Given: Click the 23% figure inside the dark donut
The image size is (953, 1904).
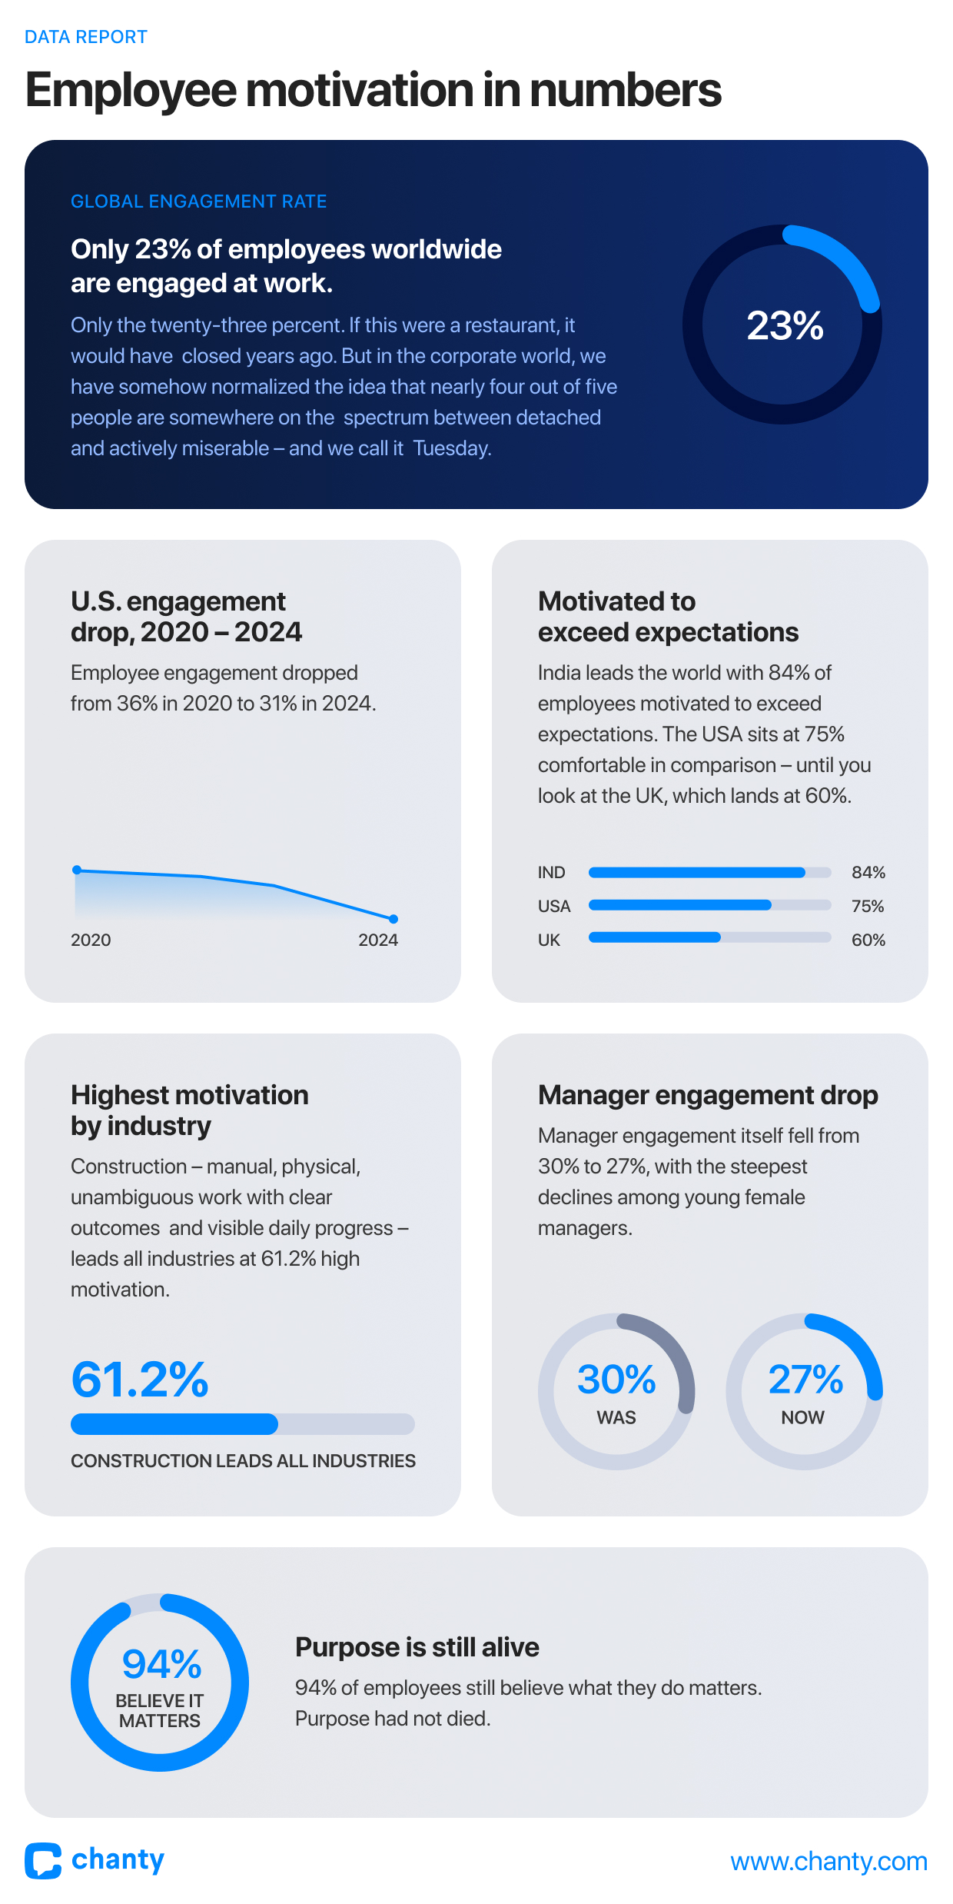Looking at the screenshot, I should [x=785, y=325].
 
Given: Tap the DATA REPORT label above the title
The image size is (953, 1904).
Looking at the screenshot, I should [x=86, y=37].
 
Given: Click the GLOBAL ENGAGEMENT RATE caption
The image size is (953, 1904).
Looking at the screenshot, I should [x=198, y=201].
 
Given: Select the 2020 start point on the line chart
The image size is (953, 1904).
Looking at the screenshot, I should [x=77, y=870].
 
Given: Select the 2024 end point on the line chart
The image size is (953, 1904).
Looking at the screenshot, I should [x=393, y=919].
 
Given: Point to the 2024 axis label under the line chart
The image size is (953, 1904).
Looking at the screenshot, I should [x=378, y=940].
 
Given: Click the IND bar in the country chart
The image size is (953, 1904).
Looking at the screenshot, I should [x=696, y=872].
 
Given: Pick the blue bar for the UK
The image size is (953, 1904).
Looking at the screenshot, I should [x=655, y=937].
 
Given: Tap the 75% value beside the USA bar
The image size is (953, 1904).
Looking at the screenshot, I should [x=868, y=906].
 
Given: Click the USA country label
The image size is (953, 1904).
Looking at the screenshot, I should [x=554, y=906].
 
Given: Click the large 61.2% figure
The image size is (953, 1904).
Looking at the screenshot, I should [x=140, y=1380].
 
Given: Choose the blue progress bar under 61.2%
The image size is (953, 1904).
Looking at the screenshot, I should [x=174, y=1424].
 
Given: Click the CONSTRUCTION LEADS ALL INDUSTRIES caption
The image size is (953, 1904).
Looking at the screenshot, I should [x=243, y=1461].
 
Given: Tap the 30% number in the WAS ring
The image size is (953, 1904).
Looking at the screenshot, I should [x=616, y=1380].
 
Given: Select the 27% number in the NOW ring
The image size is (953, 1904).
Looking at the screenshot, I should [x=805, y=1380].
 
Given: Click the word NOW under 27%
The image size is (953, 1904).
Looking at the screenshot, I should [x=802, y=1417].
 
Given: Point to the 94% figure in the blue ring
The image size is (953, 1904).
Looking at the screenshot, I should [x=161, y=1665].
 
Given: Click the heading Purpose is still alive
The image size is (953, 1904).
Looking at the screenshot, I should [x=417, y=1647].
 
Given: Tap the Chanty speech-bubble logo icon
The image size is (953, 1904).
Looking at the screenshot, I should [x=43, y=1861].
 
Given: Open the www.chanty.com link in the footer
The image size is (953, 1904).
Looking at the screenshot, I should [x=828, y=1862].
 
